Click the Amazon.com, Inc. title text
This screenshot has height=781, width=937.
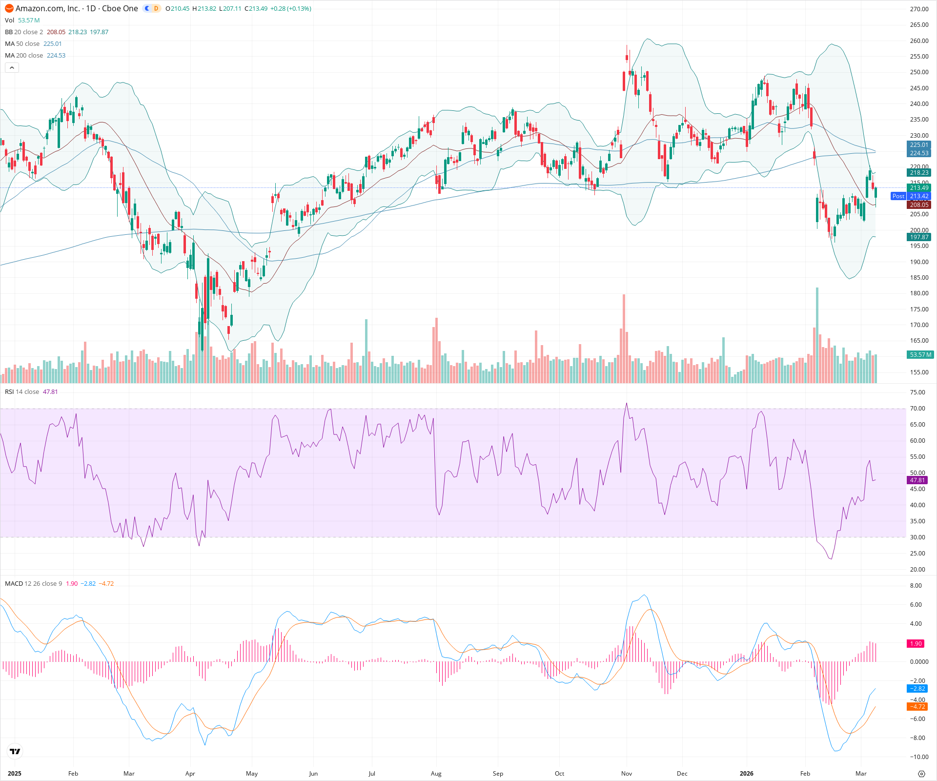pos(48,8)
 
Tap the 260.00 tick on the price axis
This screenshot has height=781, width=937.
pos(919,41)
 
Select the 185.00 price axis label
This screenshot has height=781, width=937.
pos(919,277)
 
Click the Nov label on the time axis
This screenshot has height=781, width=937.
pos(627,773)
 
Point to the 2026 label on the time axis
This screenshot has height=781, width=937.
pos(746,773)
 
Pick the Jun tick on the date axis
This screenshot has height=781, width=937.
pos(313,773)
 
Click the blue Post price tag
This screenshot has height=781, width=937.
pos(898,196)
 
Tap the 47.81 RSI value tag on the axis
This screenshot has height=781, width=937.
pos(917,480)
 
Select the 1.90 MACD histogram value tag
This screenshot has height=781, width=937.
pos(916,644)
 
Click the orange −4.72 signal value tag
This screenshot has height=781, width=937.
pos(917,706)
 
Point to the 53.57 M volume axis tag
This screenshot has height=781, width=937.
pos(920,355)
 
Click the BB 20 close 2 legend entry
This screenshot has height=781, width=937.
pos(24,32)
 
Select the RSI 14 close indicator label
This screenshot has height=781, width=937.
pos(22,392)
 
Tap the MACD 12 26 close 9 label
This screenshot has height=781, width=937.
pos(33,584)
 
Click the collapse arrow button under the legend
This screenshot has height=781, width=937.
pos(12,68)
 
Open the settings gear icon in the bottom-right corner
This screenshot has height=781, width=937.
pos(921,774)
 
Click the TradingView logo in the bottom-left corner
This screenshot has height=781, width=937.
pos(15,752)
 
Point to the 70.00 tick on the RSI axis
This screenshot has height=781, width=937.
pos(917,409)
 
